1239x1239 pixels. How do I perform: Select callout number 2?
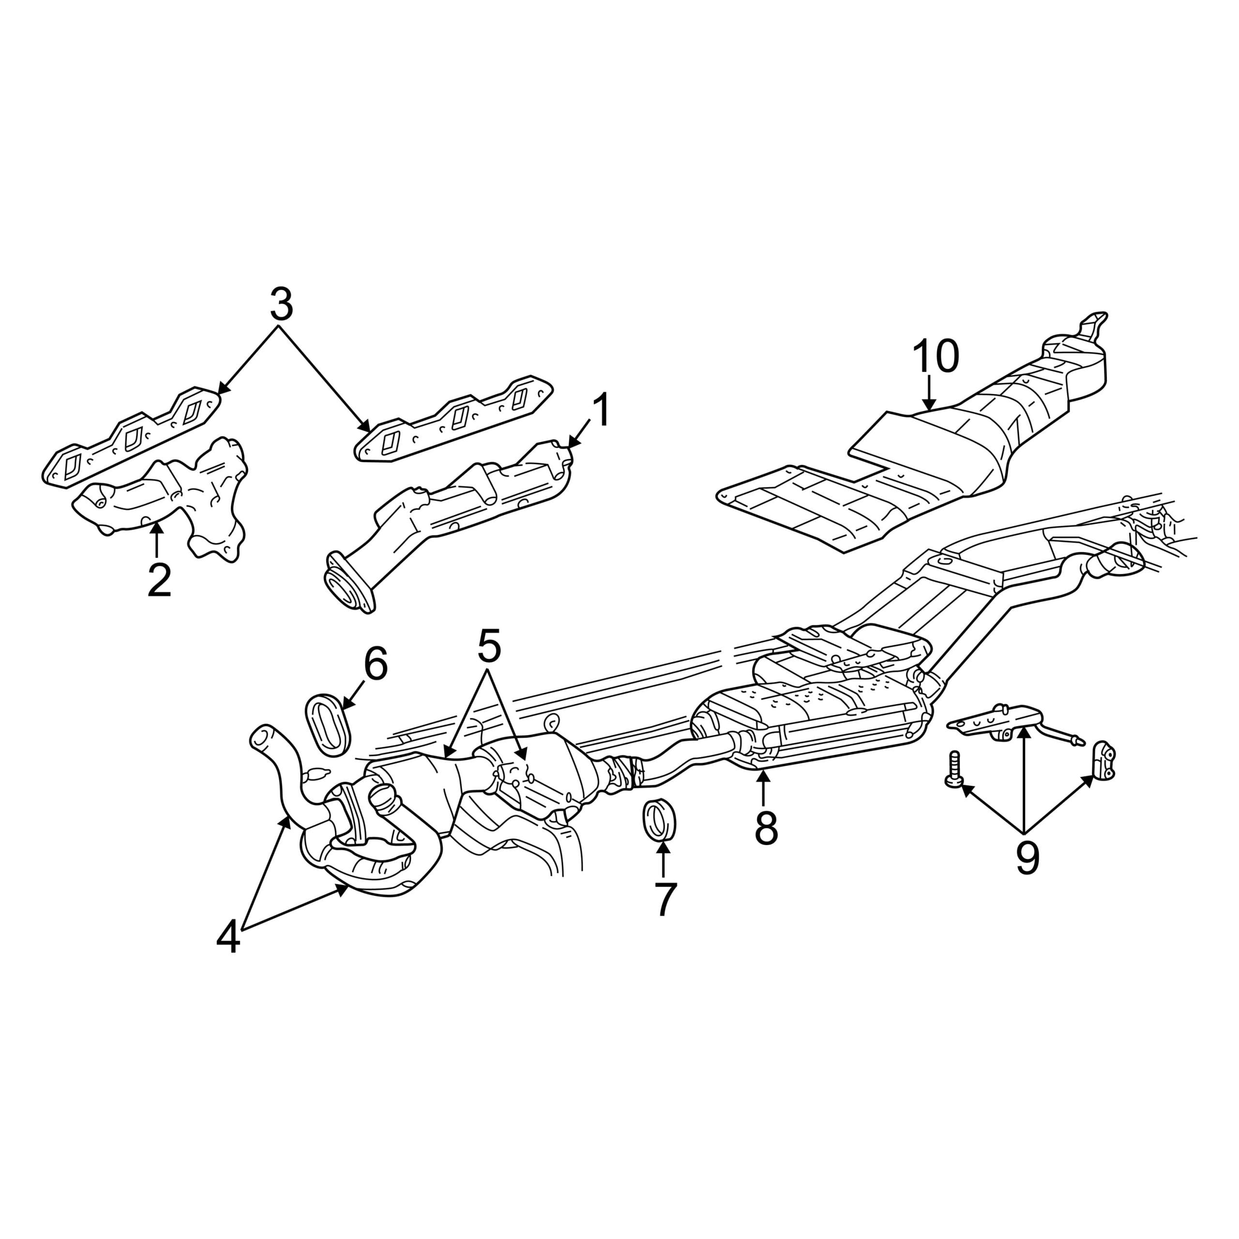pos(159,581)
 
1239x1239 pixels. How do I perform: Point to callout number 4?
pos(228,938)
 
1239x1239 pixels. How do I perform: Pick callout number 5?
pos(489,648)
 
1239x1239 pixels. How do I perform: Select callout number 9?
pos(1027,858)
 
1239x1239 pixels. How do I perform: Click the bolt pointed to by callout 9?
pos(953,770)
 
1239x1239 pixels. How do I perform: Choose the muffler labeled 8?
pos(811,725)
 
